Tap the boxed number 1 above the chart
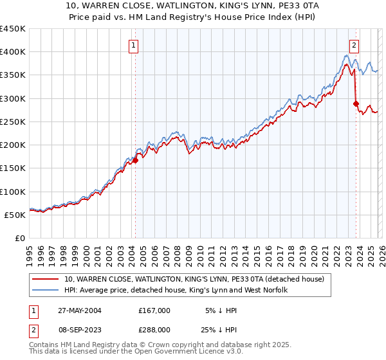coord(133,45)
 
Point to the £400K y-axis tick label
coord(13,52)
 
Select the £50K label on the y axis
coord(15,215)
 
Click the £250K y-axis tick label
coord(13,122)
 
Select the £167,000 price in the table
coord(154,310)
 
